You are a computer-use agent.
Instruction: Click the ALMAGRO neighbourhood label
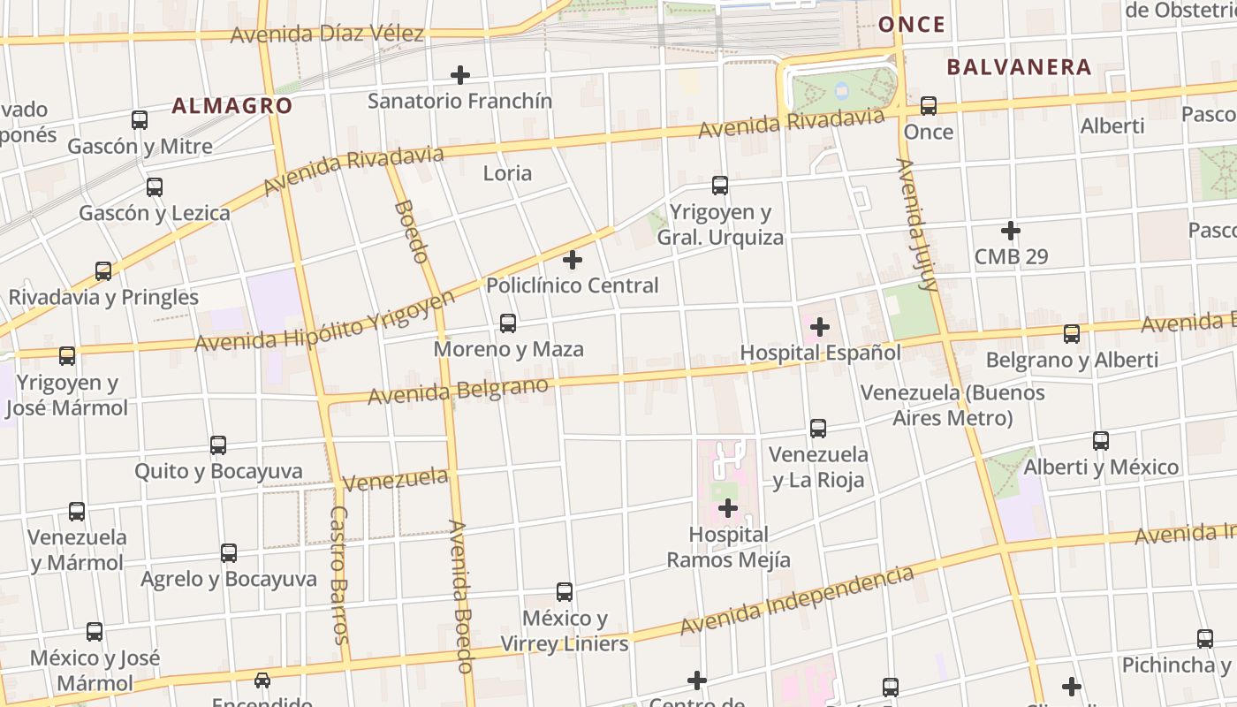pyautogui.click(x=231, y=106)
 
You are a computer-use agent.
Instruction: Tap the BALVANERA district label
pyautogui.click(x=1019, y=67)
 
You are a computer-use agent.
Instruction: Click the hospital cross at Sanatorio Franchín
pyautogui.click(x=460, y=75)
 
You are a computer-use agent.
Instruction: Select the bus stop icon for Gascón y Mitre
pyautogui.click(x=140, y=120)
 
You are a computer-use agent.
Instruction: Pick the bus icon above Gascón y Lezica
pyautogui.click(x=155, y=187)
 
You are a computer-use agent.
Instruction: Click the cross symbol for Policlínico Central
pyautogui.click(x=573, y=260)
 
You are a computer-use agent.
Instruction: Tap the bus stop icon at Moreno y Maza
pyautogui.click(x=508, y=323)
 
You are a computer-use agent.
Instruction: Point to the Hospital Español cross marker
pyautogui.click(x=820, y=327)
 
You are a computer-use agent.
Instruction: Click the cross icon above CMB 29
pyautogui.click(x=1011, y=232)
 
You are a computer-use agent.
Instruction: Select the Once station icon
pyautogui.click(x=929, y=106)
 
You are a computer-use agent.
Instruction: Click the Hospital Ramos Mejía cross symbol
pyautogui.click(x=728, y=508)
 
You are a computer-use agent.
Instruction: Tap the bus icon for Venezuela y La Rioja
pyautogui.click(x=818, y=429)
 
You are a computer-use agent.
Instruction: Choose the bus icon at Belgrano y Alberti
pyautogui.click(x=1072, y=334)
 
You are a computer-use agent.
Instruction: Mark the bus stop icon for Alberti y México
pyautogui.click(x=1101, y=441)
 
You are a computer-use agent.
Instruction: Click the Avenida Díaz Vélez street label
pyautogui.click(x=327, y=35)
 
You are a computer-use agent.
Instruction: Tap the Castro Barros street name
pyautogui.click(x=340, y=574)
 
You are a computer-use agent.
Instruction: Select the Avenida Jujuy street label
pyautogui.click(x=916, y=224)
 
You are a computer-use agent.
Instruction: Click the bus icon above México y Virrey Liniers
pyautogui.click(x=565, y=592)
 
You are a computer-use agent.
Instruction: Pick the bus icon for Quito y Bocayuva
pyautogui.click(x=218, y=445)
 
